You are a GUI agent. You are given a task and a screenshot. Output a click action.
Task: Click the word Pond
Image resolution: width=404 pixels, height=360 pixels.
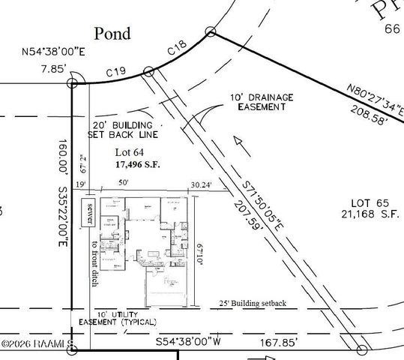112,33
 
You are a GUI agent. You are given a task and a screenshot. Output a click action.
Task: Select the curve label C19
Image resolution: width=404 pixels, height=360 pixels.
115,72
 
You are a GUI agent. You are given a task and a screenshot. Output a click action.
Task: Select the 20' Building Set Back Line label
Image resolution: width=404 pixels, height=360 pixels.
123,130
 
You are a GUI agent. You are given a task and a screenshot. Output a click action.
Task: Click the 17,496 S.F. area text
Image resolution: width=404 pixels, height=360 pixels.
139,163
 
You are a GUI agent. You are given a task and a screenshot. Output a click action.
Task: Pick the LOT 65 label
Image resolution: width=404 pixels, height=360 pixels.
368,202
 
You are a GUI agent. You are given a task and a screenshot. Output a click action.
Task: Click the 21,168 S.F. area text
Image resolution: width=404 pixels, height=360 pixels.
367,214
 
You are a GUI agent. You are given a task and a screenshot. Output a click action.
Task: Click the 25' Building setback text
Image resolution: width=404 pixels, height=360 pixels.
253,303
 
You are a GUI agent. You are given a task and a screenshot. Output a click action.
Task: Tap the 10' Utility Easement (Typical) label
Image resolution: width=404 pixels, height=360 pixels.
118,318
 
